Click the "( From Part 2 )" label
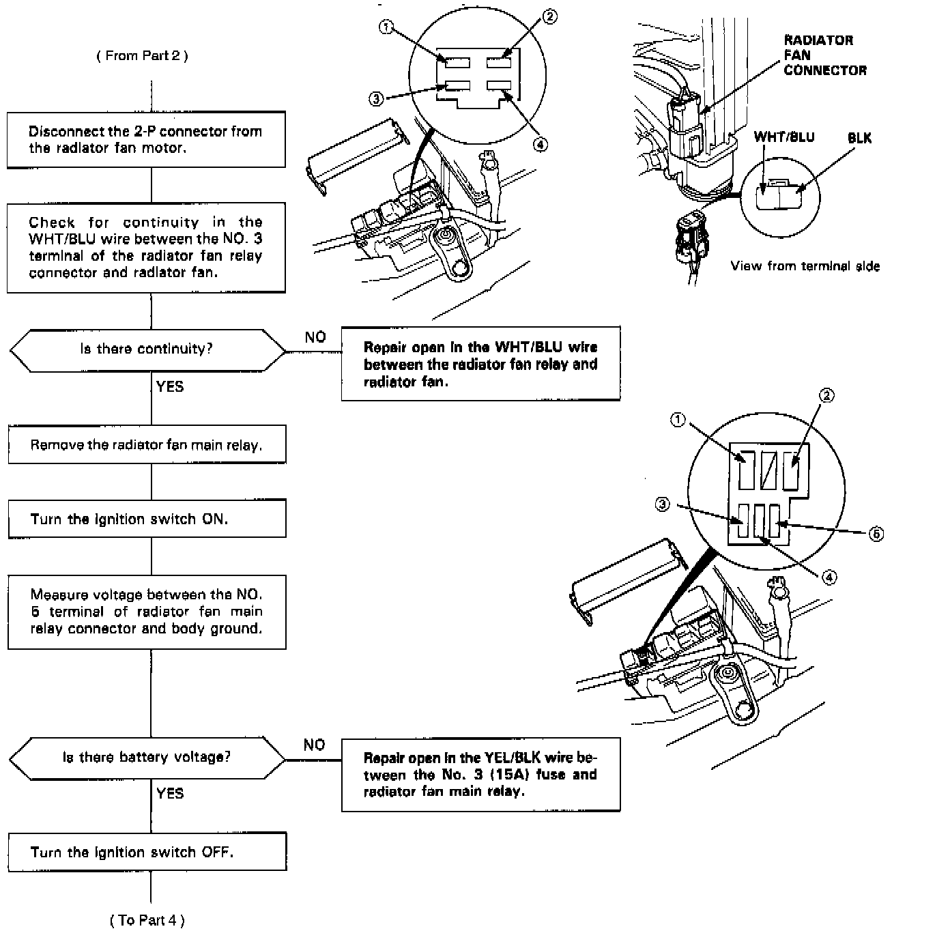click(x=142, y=56)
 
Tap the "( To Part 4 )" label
click(x=147, y=920)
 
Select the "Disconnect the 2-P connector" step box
click(x=146, y=140)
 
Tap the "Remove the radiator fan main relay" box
click(x=146, y=445)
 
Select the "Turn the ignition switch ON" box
click(x=146, y=519)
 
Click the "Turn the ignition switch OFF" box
click(x=146, y=852)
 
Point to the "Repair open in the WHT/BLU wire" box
click(x=480, y=364)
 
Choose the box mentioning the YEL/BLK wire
click(x=480, y=775)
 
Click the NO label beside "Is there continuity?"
click(x=315, y=337)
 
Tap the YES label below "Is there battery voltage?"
click(x=170, y=793)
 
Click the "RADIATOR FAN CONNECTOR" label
click(x=824, y=55)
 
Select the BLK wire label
click(x=859, y=138)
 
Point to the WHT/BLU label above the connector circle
click(x=784, y=137)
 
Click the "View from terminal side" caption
click(x=805, y=266)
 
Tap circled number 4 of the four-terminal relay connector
click(x=540, y=144)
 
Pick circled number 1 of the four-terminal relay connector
click(x=386, y=27)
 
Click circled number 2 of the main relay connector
click(x=826, y=395)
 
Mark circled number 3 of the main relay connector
click(x=662, y=505)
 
